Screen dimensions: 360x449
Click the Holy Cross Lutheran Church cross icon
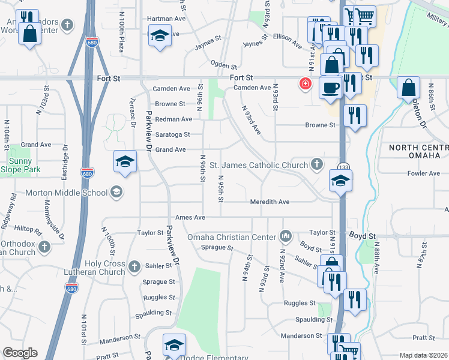point(134,266)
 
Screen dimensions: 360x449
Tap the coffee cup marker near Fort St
point(331,88)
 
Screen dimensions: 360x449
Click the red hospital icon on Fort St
point(306,83)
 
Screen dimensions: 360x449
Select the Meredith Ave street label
point(270,202)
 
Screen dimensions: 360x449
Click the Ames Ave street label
point(190,217)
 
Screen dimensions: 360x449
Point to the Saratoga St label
point(173,134)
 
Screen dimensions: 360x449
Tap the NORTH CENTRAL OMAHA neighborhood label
point(418,152)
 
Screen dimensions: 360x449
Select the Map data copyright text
point(423,355)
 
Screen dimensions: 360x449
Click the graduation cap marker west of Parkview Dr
point(125,161)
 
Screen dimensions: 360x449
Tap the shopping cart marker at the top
point(364,16)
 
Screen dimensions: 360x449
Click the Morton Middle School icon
point(116,193)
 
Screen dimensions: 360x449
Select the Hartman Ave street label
point(167,19)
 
